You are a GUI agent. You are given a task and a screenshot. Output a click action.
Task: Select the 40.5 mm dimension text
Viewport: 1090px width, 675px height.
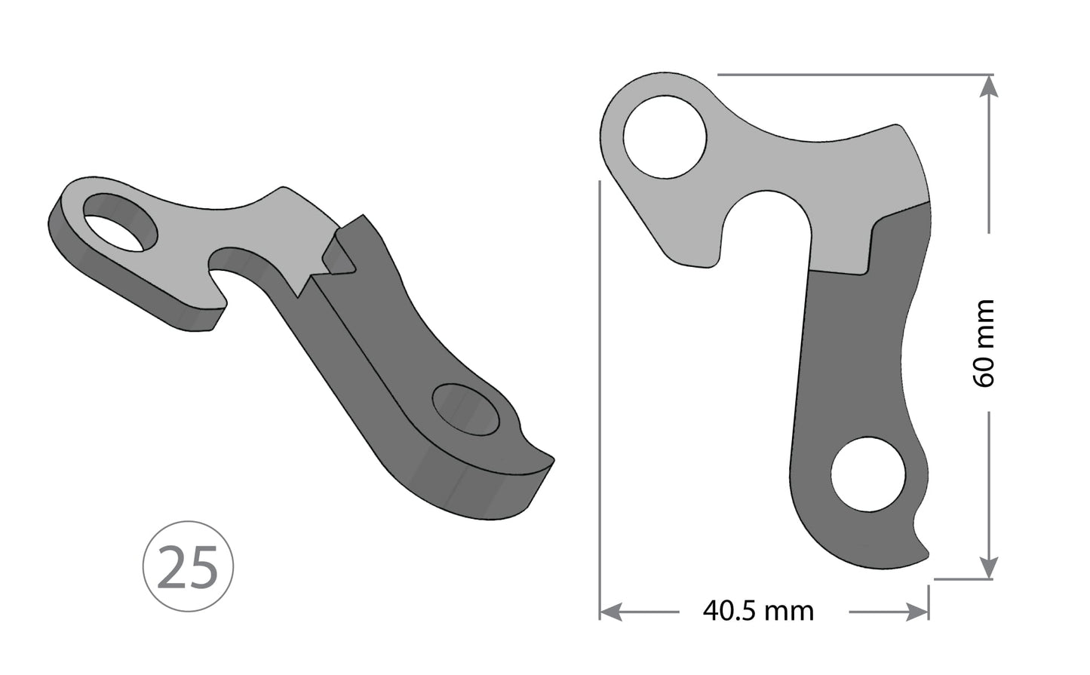click(x=758, y=610)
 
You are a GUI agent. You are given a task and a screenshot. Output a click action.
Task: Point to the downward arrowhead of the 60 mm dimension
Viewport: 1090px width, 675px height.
click(x=989, y=568)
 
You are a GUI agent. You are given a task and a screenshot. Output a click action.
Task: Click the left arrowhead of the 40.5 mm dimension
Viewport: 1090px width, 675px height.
click(x=610, y=611)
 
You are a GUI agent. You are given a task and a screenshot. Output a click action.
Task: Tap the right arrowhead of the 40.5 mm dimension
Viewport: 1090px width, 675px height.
click(x=918, y=611)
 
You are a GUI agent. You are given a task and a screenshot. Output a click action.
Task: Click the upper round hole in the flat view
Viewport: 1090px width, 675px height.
click(x=665, y=137)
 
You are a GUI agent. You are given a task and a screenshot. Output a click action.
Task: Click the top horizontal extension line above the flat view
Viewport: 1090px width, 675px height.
click(x=852, y=75)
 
